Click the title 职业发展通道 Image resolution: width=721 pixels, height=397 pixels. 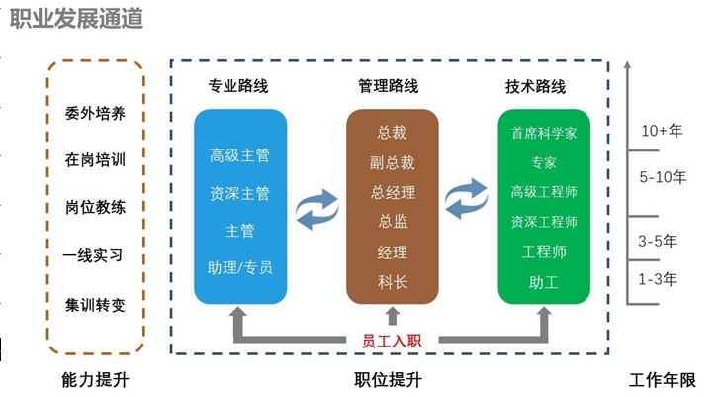pyautogui.click(x=75, y=19)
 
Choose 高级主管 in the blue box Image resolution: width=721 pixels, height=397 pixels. pyautogui.click(x=239, y=155)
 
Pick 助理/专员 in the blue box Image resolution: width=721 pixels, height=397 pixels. pyautogui.click(x=240, y=267)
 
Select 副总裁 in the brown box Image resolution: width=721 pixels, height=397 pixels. pyautogui.click(x=392, y=162)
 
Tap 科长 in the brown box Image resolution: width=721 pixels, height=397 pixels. pyautogui.click(x=392, y=283)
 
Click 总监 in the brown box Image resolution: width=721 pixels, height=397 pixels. pyautogui.click(x=392, y=223)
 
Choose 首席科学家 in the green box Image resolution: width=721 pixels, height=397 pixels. pyautogui.click(x=544, y=133)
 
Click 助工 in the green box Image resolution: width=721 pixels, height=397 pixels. pyautogui.click(x=544, y=283)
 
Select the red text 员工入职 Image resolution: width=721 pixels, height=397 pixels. pyautogui.click(x=392, y=341)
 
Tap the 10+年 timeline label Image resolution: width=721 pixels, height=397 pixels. pyautogui.click(x=662, y=131)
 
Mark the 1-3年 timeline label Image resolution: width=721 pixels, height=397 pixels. pyautogui.click(x=658, y=279)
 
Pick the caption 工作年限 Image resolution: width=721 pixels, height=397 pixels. pyautogui.click(x=663, y=380)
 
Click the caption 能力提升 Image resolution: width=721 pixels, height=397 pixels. pyautogui.click(x=95, y=380)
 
